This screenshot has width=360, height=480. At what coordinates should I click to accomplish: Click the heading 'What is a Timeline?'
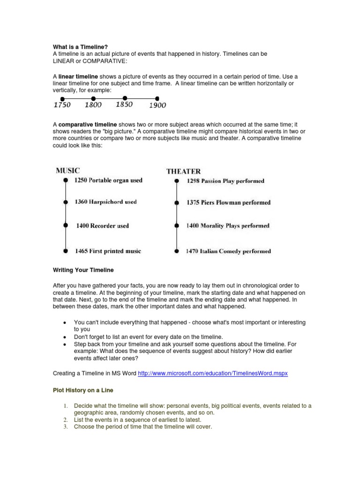(x=80, y=47)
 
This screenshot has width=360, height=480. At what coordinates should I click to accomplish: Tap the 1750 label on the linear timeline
(x=62, y=105)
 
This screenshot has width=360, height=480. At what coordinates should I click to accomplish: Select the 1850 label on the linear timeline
(x=124, y=105)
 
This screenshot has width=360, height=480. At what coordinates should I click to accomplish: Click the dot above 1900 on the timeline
(x=156, y=98)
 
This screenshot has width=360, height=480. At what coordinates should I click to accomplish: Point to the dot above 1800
(x=93, y=98)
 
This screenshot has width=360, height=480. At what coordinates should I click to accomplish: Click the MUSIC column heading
(x=68, y=171)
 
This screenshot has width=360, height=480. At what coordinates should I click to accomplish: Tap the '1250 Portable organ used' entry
(x=109, y=180)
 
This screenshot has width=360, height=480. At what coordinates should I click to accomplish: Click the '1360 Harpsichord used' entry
(x=106, y=202)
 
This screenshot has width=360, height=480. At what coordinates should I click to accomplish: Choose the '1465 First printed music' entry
(x=108, y=251)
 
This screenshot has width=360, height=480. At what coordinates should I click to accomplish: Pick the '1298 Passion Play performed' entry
(x=225, y=181)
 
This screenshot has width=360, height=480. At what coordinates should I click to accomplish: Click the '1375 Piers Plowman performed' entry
(x=228, y=202)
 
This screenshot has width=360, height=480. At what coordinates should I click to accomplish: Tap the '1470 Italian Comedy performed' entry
(x=228, y=251)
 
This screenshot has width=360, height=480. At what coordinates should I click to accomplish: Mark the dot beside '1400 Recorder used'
(x=65, y=225)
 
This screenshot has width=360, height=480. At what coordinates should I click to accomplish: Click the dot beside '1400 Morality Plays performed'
(x=177, y=225)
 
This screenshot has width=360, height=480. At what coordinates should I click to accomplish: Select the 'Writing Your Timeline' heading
(x=82, y=270)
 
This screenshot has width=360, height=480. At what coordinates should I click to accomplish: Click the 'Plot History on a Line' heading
(x=82, y=390)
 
